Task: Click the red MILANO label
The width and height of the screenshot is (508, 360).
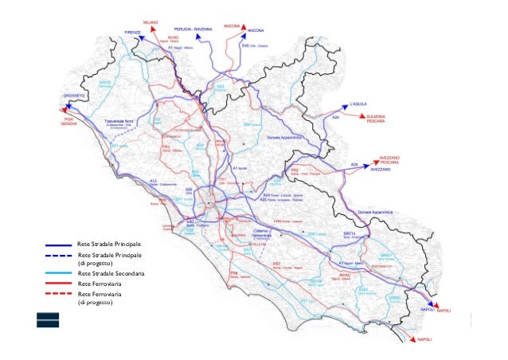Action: [x=151, y=22]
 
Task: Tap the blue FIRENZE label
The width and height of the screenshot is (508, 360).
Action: [x=132, y=31]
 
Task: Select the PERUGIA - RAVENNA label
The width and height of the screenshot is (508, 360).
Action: [x=194, y=28]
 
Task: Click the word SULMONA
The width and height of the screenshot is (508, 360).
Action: [x=376, y=116]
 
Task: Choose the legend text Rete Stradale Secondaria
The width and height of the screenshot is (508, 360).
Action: [x=109, y=272]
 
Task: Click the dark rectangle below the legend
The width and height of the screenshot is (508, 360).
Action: [x=47, y=319]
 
